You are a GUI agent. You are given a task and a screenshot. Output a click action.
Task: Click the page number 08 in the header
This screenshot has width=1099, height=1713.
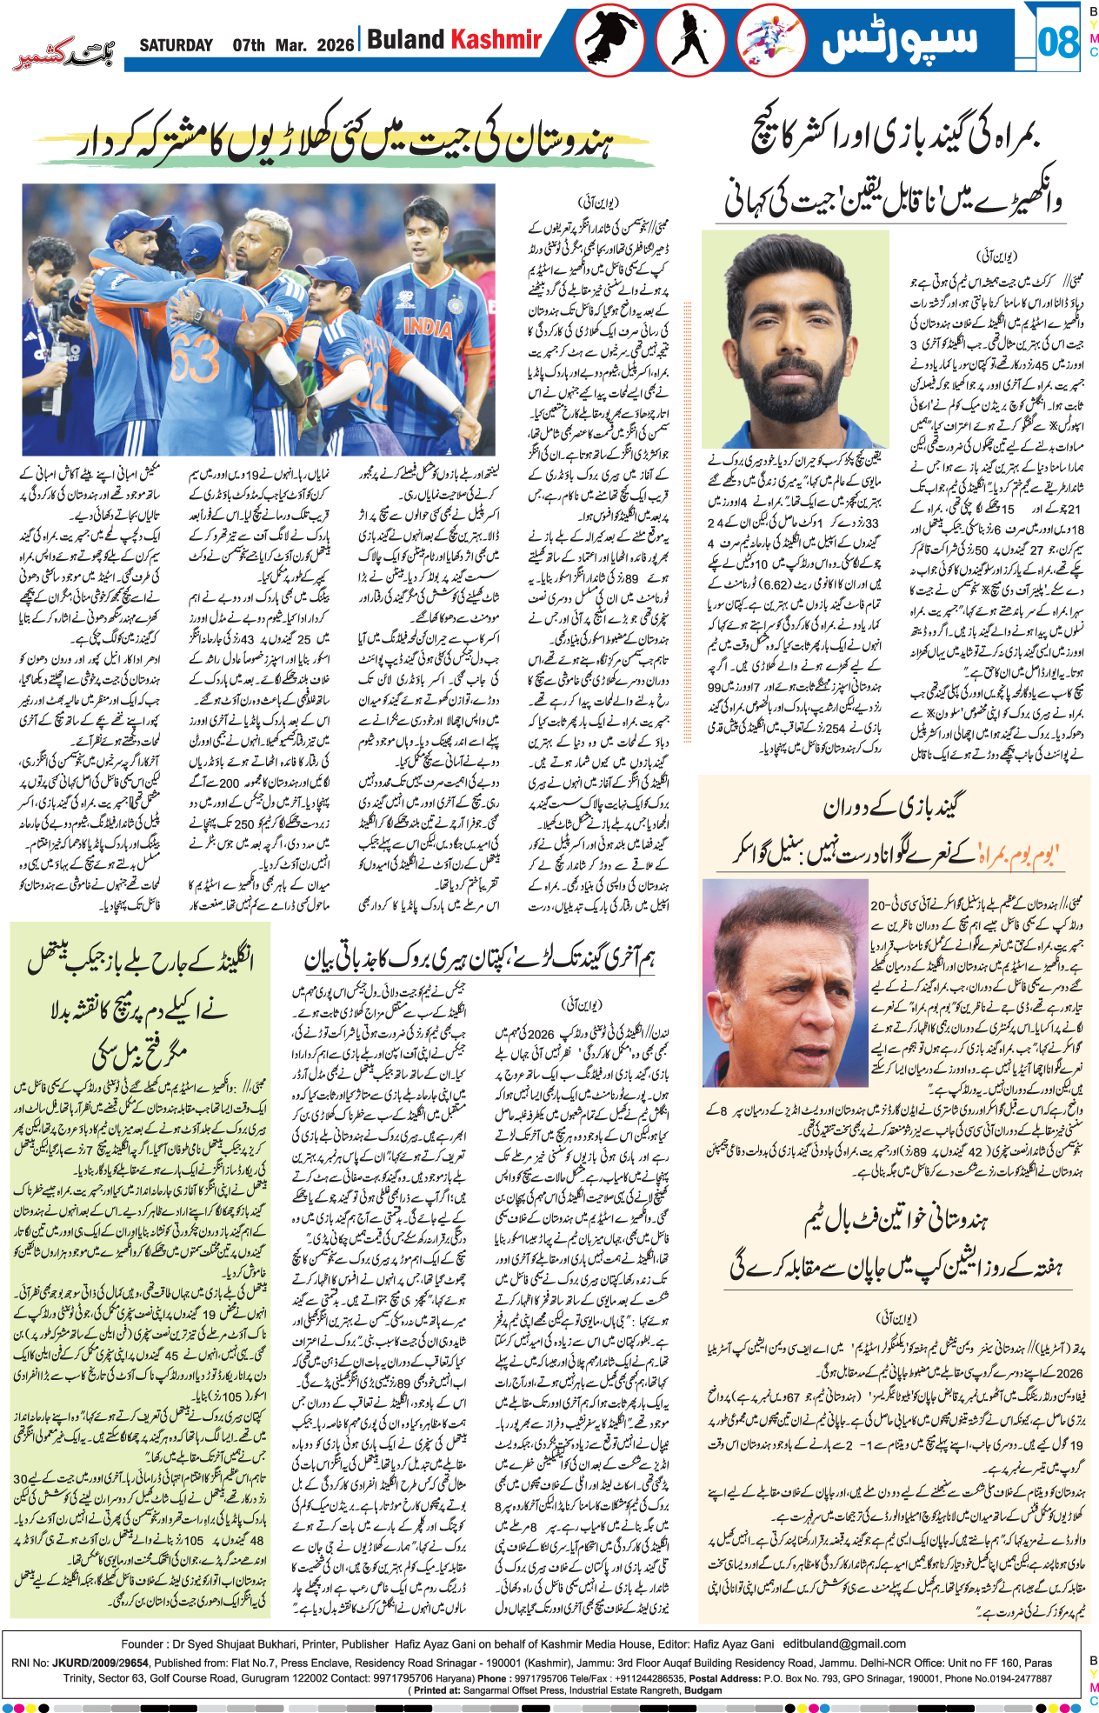[1058, 42]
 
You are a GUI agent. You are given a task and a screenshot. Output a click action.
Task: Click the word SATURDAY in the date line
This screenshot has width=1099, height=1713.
[177, 45]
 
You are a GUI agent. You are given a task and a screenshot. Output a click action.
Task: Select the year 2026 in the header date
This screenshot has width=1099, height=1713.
[336, 45]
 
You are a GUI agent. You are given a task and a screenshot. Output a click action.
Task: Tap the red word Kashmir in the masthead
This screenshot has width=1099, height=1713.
[496, 39]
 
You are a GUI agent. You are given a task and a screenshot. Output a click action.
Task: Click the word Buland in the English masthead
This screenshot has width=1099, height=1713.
[405, 39]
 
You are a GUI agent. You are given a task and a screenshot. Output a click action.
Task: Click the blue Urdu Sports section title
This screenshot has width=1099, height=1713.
[900, 40]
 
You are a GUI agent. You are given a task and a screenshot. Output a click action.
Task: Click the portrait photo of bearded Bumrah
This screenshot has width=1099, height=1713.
[796, 339]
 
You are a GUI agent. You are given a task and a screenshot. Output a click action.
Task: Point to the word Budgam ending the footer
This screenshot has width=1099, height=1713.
[704, 1690]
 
